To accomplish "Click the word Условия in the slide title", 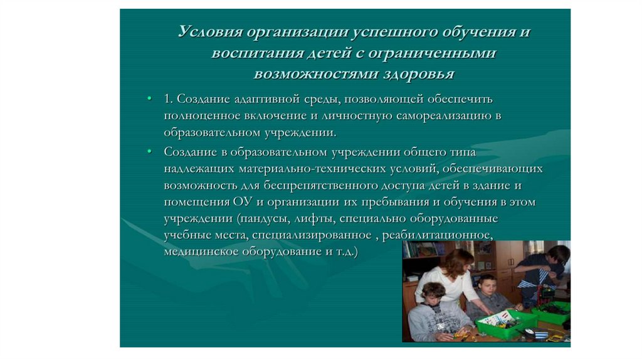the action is point(211,31).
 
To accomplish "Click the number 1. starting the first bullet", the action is point(168,98).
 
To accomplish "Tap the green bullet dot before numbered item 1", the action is point(149,98).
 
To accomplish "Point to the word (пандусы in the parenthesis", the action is point(265,219).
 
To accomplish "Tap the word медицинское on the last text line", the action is point(201,251).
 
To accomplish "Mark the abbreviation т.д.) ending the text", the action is point(347,251).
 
